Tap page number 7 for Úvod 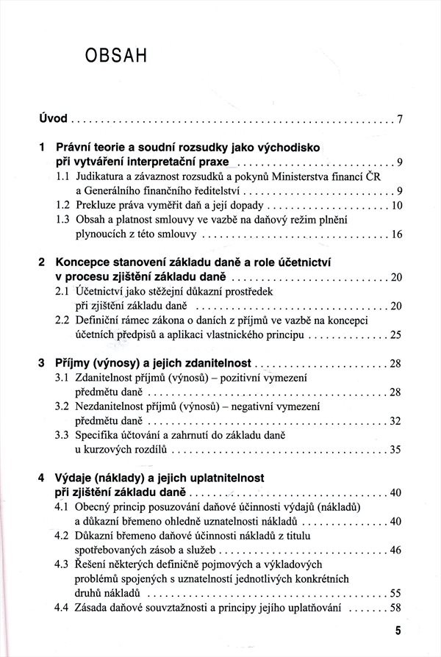click(x=400, y=118)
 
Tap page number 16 click(x=397, y=237)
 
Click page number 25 click(x=397, y=335)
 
